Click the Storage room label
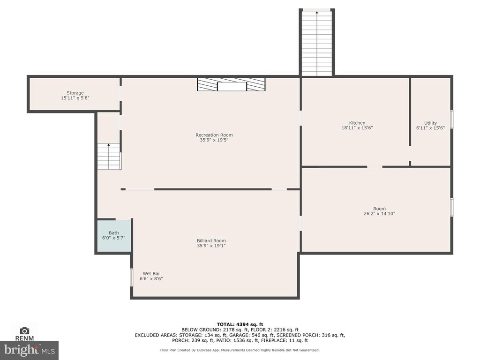click(x=75, y=93)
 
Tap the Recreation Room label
click(x=214, y=135)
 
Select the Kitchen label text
click(x=357, y=123)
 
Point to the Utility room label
click(x=430, y=123)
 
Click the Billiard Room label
click(x=211, y=240)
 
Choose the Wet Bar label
click(x=151, y=274)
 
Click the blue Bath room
click(x=114, y=236)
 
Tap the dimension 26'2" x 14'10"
click(x=379, y=214)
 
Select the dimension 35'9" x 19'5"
click(x=214, y=140)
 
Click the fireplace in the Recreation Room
click(x=231, y=84)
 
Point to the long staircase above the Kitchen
click(x=317, y=43)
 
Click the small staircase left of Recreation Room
click(x=109, y=156)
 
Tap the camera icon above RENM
click(x=24, y=330)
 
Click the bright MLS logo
click(x=30, y=350)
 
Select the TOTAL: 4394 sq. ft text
click(x=240, y=324)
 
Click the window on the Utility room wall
click(x=451, y=120)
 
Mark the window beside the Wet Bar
click(x=132, y=277)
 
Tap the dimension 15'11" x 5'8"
click(x=75, y=98)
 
